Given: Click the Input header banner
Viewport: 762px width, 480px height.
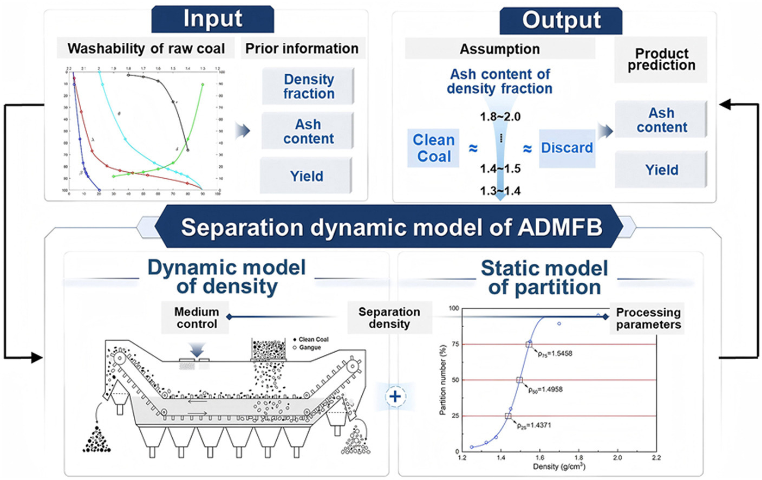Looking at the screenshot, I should click(x=212, y=19).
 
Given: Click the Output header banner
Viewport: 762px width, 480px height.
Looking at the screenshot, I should click(x=561, y=21).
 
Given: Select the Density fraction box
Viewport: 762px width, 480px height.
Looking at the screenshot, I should click(x=308, y=86).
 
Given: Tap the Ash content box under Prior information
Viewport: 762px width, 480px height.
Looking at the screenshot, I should click(x=308, y=131).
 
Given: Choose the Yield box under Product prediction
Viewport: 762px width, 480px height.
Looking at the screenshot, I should click(x=661, y=170).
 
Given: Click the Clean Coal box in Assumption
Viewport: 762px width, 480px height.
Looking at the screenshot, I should click(x=433, y=148).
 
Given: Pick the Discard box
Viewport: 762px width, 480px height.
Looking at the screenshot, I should click(x=566, y=148).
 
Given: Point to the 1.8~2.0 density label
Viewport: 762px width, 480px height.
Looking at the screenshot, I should click(x=500, y=116).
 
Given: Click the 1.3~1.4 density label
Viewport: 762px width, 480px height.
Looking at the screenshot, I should click(x=500, y=191).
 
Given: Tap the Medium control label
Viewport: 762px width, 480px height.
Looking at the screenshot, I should click(x=196, y=318).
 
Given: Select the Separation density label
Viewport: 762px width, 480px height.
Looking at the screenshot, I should click(x=389, y=318).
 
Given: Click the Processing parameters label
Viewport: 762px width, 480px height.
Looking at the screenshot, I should click(x=648, y=319).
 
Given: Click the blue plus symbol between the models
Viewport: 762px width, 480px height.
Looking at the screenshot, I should click(x=395, y=397).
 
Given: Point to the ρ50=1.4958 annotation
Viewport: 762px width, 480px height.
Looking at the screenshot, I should click(x=546, y=390).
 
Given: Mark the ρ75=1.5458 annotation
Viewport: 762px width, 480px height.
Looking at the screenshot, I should click(x=555, y=354).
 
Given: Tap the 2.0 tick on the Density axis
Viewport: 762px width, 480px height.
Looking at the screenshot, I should click(x=617, y=458).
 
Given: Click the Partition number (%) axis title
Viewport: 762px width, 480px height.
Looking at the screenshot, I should click(x=443, y=380).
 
